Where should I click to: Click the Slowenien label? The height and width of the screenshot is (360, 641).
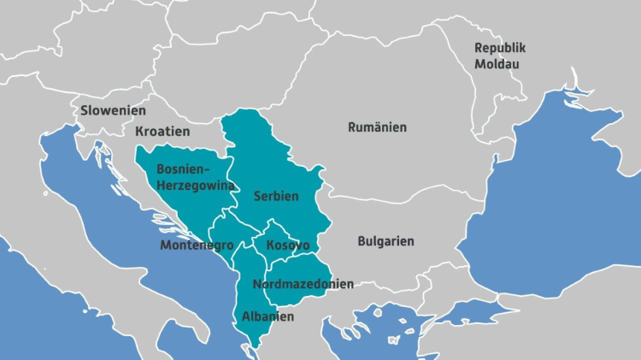113,110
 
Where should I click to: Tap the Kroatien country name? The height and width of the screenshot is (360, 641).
162,132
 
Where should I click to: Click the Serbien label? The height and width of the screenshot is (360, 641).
276,196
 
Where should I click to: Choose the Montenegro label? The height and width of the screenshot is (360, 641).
197,245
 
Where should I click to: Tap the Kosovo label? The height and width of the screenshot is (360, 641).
287,245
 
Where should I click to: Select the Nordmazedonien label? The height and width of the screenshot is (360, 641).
303,284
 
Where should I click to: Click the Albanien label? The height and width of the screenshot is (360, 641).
268,316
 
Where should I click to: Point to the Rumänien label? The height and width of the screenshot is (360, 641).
377,127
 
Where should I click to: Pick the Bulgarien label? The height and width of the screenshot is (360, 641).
385,241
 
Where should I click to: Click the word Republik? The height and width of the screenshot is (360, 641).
500,47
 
